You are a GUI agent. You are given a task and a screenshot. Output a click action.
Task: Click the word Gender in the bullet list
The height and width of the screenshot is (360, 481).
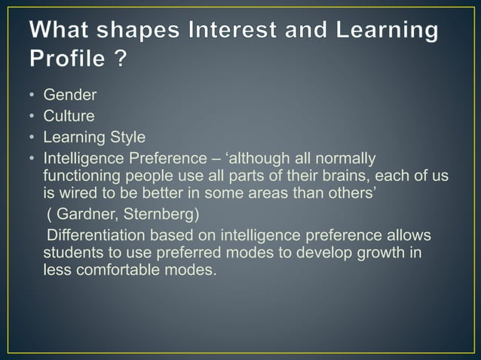coord(70,96)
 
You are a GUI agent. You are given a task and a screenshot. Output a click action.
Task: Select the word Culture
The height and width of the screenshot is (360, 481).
coord(69,117)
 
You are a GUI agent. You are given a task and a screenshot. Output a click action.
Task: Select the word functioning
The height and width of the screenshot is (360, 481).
coord(81,175)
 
